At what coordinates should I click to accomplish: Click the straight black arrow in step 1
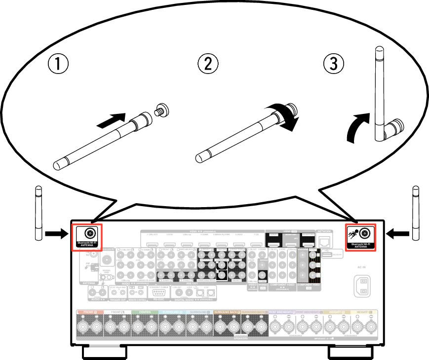coord(110,120)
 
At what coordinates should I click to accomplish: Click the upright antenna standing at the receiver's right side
coord(416,213)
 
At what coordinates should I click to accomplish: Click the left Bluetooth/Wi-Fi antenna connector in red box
coord(90,233)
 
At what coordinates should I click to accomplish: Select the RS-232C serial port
coord(159,292)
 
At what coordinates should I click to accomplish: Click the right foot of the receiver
coord(350,352)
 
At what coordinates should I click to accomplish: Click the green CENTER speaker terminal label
coord(144,312)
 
